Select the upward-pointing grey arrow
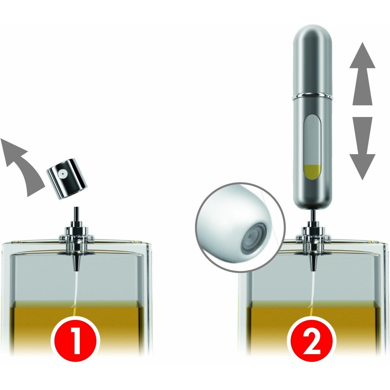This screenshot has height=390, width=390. (x=362, y=74)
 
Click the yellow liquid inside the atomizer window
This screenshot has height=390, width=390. (x=312, y=171)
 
